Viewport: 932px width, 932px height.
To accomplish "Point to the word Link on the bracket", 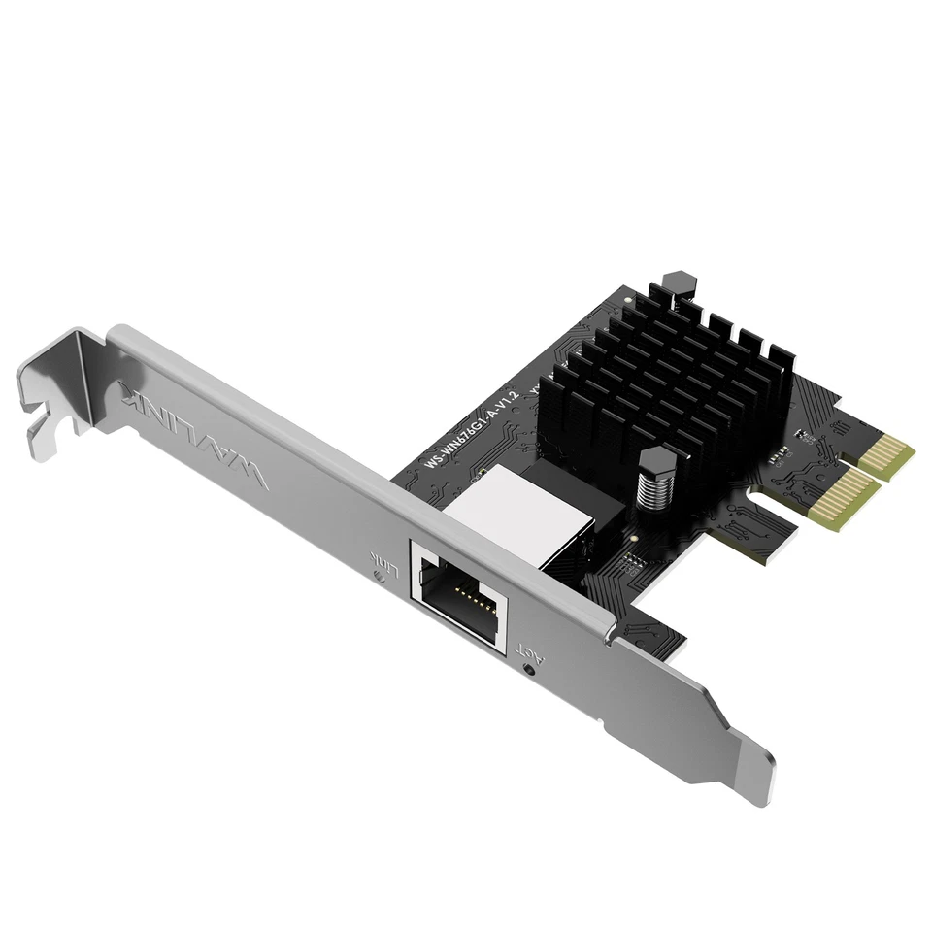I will click(x=381, y=560).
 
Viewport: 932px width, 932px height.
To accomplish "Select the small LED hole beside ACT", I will click(x=528, y=667).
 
